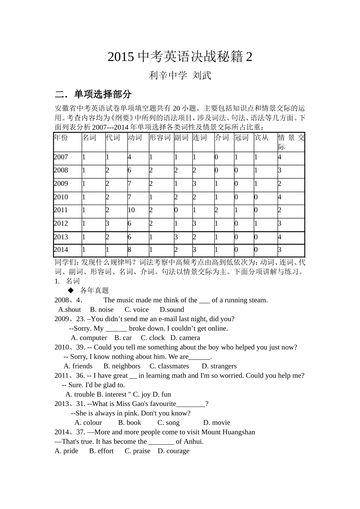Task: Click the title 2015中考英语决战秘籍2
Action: tap(180, 57)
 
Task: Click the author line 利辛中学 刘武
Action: tap(180, 75)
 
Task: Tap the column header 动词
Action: tap(135, 137)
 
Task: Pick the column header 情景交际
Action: tap(291, 142)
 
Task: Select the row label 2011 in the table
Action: tap(61, 210)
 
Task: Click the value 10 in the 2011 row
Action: tap(131, 210)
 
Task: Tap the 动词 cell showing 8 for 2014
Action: tap(130, 250)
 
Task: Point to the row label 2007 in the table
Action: tap(61, 157)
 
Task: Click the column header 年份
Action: tap(61, 137)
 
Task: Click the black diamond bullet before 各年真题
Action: tap(70, 290)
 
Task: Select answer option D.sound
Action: tap(172, 309)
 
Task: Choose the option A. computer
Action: tap(89, 338)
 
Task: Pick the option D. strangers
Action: tap(219, 366)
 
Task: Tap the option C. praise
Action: tap(137, 451)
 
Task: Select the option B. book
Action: tap(129, 423)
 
